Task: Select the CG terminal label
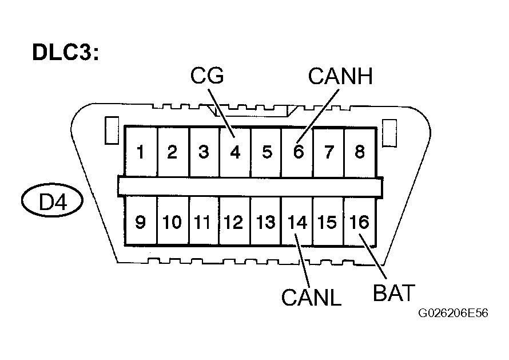coord(207,76)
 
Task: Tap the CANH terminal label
coord(340,76)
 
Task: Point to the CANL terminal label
coord(311,296)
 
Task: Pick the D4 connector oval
coord(52,202)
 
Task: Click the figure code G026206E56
coord(452,314)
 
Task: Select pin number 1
coord(140,152)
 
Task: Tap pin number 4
coord(234,152)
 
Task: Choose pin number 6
coord(297,152)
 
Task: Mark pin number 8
coord(360,152)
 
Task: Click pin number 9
coord(140,222)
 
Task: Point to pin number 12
coord(234,222)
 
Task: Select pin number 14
coord(297,222)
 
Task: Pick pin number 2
coord(172,152)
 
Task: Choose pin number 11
coord(203,222)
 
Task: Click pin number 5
coord(266,152)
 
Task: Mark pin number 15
coord(328,222)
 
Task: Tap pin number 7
coord(329,152)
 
